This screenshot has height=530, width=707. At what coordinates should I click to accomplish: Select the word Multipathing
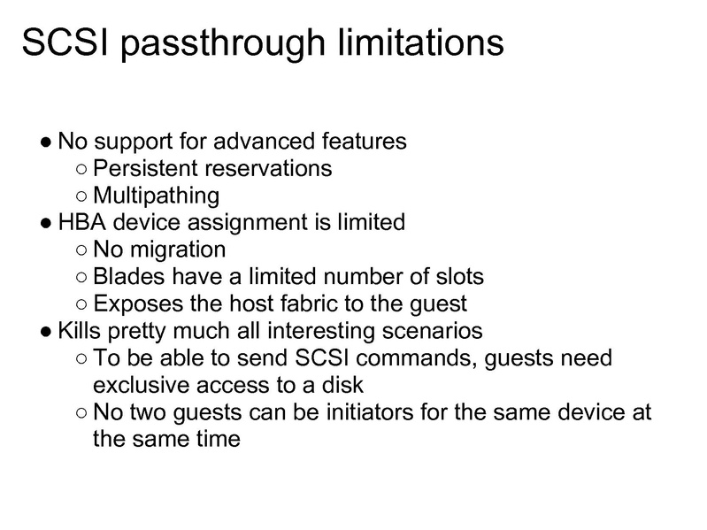156,195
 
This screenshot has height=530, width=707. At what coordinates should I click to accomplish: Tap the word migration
175,250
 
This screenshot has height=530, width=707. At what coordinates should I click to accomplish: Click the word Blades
123,277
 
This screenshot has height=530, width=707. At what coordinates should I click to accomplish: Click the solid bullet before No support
47,142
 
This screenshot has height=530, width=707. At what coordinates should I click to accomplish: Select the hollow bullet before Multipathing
81,196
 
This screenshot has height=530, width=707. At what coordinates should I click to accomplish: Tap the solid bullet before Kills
47,332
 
